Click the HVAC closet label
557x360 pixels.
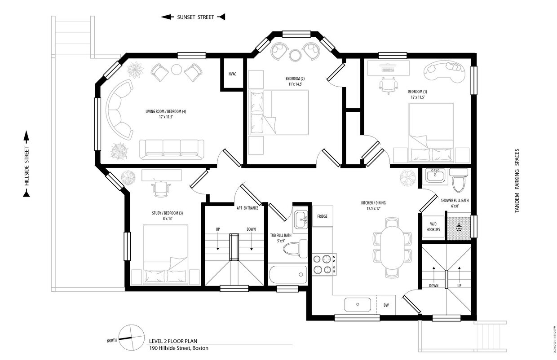coord(232,74)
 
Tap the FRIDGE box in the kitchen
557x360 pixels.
coord(322,216)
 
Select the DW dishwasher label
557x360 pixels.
coord(386,305)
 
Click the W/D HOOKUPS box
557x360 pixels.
coord(433,227)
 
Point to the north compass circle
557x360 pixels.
coord(131,337)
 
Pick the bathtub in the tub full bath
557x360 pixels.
coord(287,274)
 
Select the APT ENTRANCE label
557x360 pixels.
coord(248,208)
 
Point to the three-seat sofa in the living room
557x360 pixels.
coord(171,149)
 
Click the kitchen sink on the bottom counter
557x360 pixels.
coord(358,304)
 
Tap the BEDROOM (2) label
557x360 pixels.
coord(295,78)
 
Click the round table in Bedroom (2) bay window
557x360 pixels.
coord(295,55)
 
